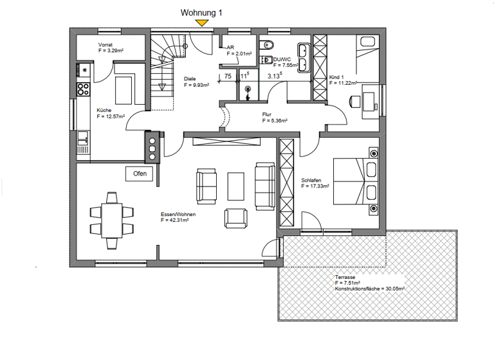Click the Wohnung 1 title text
[x=203, y=12]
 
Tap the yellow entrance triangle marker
[x=203, y=23]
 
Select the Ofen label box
[x=140, y=174]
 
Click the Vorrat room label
[x=105, y=44]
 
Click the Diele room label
[x=190, y=78]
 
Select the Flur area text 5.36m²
[x=275, y=120]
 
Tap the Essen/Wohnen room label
[x=178, y=214]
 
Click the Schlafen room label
[x=312, y=180]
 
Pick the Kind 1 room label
[x=337, y=77]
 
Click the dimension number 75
[x=227, y=76]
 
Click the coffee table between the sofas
[x=235, y=186]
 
